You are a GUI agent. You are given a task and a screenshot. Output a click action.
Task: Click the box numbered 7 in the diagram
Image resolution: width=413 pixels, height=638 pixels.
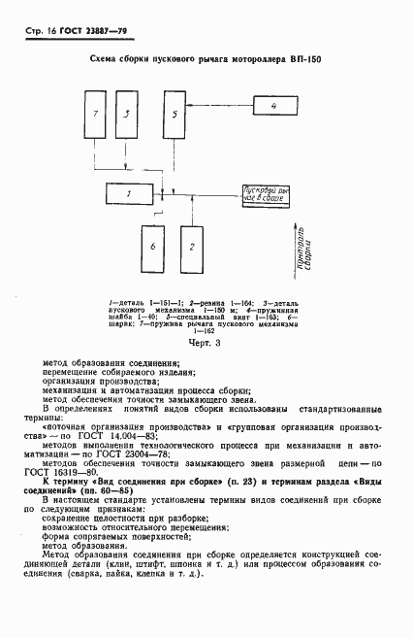pos(95,115)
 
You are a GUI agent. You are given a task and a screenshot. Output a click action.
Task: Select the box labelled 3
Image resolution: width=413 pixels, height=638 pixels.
pos(127,115)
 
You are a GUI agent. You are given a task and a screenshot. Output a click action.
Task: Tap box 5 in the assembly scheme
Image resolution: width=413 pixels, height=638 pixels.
pos(175,115)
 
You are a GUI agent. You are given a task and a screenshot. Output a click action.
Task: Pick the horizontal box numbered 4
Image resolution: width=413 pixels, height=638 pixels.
pos(274,104)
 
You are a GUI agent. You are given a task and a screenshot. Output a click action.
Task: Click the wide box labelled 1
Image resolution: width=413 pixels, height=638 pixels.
pos(128,195)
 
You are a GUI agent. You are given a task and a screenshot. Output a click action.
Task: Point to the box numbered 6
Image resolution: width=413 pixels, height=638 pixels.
pos(153,249)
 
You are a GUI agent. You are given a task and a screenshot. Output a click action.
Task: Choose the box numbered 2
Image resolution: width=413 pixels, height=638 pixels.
pos(192,249)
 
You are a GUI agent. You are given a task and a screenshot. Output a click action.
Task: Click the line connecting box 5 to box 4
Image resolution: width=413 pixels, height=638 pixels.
pos(219,103)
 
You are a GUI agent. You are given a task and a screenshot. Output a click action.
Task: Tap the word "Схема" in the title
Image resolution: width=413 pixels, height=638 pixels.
pos(103,61)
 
